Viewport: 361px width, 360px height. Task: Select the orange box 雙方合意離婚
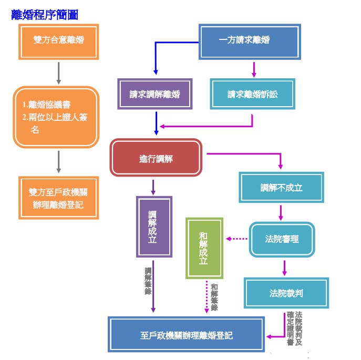(58, 41)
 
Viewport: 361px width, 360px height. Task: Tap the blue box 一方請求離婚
(251, 41)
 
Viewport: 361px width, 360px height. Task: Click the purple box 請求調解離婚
(155, 95)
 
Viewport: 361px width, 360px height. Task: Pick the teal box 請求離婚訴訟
(252, 95)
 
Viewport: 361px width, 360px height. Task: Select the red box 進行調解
(156, 158)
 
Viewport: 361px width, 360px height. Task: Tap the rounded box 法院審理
(282, 239)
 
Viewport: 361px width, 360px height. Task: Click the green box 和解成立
(204, 248)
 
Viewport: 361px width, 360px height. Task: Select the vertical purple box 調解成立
(153, 227)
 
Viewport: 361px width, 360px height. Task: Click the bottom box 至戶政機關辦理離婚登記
(187, 335)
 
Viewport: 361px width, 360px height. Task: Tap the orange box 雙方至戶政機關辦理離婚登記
(58, 198)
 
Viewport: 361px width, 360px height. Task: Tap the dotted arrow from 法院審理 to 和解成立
(236, 239)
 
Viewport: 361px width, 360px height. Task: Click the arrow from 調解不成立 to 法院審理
(281, 212)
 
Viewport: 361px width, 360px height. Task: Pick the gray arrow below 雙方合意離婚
(58, 72)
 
